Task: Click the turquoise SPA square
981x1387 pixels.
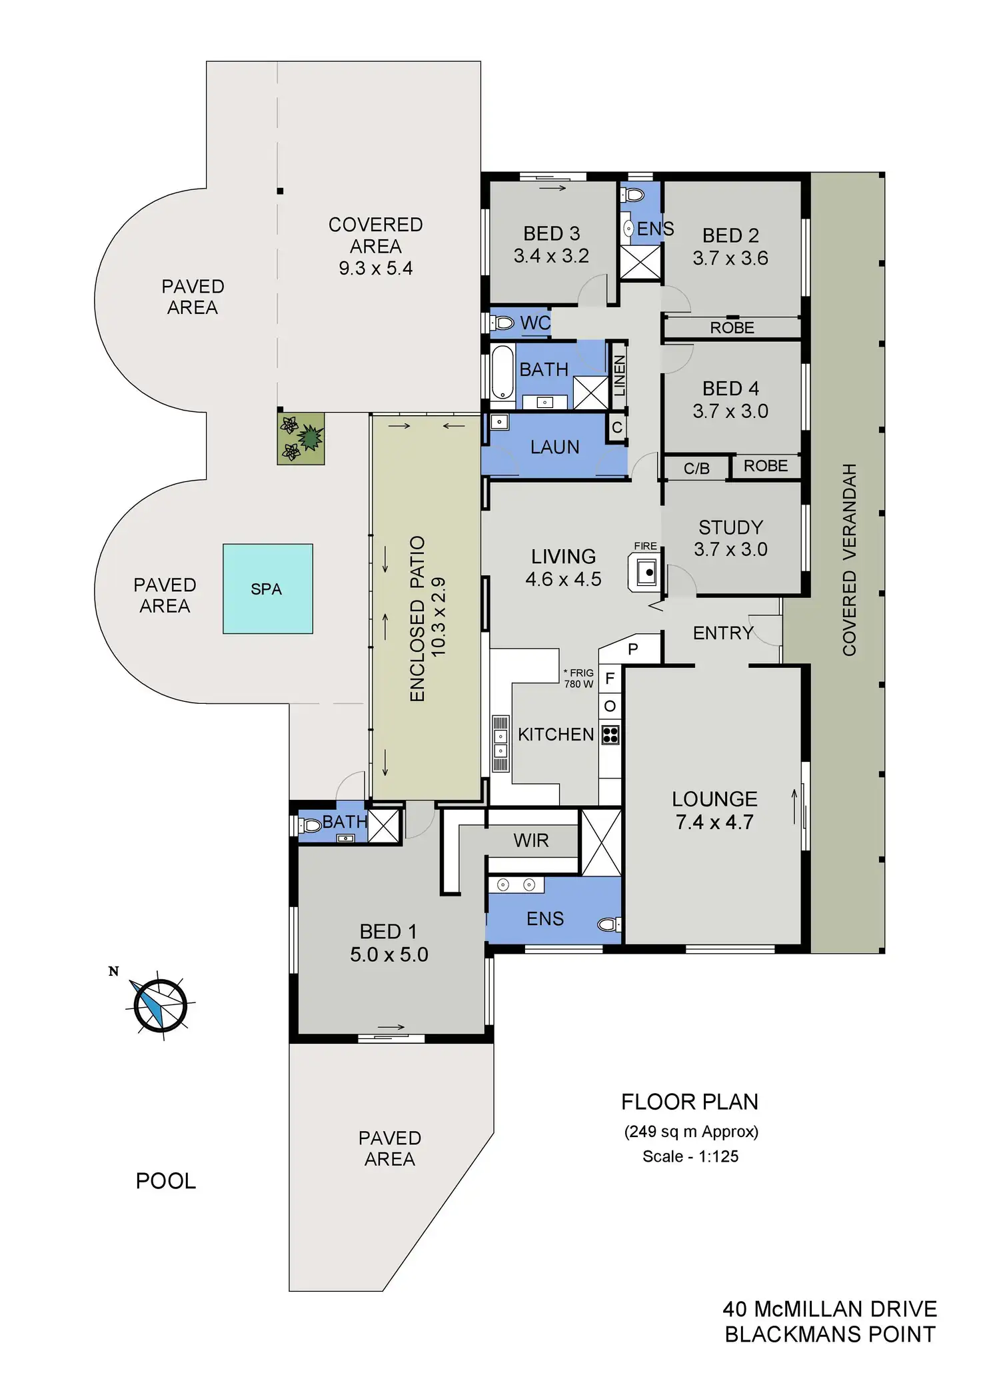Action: tap(267, 589)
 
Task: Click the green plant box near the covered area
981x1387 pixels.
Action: tap(301, 438)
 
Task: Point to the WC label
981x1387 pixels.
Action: tap(535, 323)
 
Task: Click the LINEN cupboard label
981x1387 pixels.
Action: tap(619, 376)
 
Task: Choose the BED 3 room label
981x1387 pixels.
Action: tap(551, 245)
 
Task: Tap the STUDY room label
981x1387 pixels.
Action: tap(730, 538)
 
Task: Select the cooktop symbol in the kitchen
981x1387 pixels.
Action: tap(610, 734)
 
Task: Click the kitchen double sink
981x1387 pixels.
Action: tap(500, 743)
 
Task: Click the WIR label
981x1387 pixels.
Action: tap(531, 840)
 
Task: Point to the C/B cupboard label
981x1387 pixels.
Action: tap(696, 469)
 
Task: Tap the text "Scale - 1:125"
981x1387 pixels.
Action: tap(690, 1156)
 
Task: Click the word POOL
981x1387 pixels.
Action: tap(166, 1181)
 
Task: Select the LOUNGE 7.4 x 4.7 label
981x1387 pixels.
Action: tap(714, 810)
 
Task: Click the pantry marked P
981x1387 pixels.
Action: tap(633, 649)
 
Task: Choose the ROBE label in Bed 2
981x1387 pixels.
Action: tap(732, 328)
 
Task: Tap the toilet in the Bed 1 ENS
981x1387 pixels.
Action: tap(607, 924)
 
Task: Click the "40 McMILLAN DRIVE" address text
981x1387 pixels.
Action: tap(830, 1309)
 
